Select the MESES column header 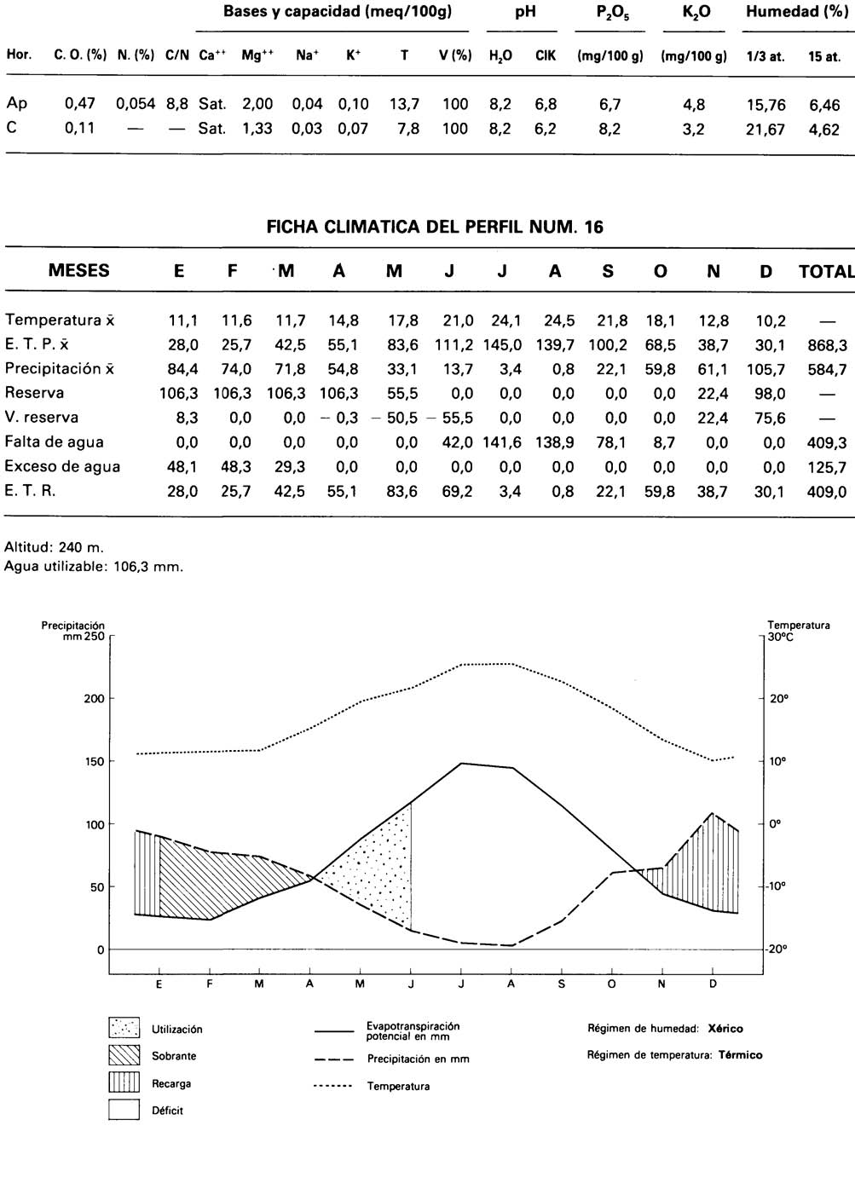tap(78, 271)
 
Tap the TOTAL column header tap(825, 272)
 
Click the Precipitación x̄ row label tap(60, 369)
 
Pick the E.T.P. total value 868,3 tap(827, 345)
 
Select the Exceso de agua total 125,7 tap(827, 467)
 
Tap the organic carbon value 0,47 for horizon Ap tap(79, 104)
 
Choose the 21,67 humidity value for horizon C tap(764, 130)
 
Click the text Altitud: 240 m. tap(54, 548)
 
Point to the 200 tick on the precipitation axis tap(94, 699)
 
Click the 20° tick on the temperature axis tap(779, 699)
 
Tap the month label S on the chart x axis tap(561, 984)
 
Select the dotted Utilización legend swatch tap(124, 1028)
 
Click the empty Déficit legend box tap(124, 1110)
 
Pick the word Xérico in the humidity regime tap(725, 1029)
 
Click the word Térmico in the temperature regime tap(740, 1055)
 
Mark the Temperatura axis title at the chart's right tap(798, 626)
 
